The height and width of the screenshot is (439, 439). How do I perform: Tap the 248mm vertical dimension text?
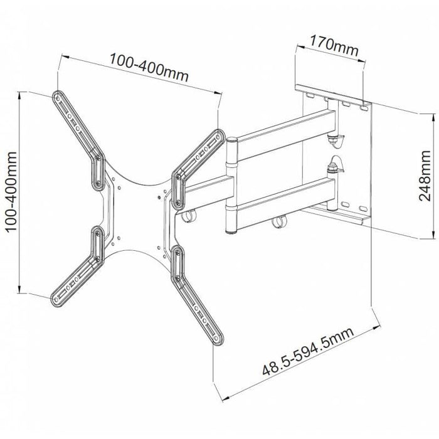click(426, 177)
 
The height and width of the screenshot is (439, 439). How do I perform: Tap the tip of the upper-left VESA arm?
click(58, 97)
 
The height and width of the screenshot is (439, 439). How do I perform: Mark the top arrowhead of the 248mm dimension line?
click(431, 115)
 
